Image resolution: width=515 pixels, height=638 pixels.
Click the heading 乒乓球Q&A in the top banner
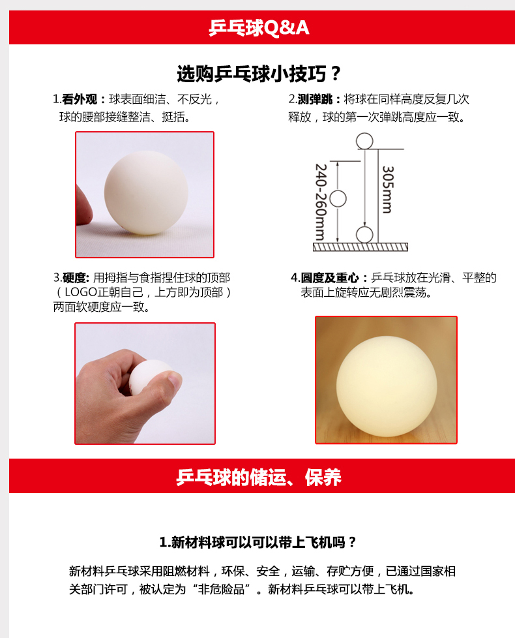click(x=259, y=27)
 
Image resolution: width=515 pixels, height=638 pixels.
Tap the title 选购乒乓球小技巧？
click(x=259, y=74)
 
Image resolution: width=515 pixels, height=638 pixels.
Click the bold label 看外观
click(x=80, y=99)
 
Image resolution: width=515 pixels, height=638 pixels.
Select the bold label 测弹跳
click(x=315, y=99)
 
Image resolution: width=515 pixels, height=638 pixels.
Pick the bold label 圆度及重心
click(x=330, y=278)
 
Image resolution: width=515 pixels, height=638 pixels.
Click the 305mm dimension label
click(x=388, y=189)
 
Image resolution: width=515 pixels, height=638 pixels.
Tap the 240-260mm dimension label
click(x=321, y=202)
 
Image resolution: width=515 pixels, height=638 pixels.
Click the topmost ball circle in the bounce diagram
click(x=364, y=141)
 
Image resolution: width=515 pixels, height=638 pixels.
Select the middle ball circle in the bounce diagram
click(x=338, y=199)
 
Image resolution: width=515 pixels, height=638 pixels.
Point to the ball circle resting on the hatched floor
click(x=364, y=235)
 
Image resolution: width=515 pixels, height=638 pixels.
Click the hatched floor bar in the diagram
click(x=360, y=247)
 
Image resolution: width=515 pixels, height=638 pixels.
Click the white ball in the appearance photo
click(x=146, y=193)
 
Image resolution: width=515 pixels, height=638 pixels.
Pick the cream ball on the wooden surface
click(x=387, y=386)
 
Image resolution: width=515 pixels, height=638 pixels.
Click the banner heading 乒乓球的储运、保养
click(x=259, y=478)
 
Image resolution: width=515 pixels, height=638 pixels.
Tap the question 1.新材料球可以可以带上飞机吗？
click(x=257, y=542)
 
